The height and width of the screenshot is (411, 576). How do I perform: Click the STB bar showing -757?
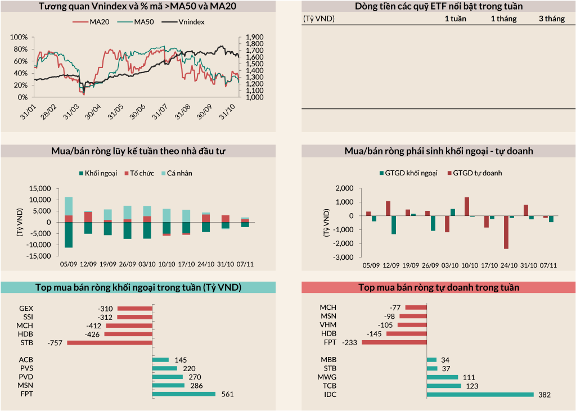(110, 342)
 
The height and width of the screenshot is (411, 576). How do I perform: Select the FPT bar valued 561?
(184, 394)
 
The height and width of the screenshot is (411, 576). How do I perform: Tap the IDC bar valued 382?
(480, 395)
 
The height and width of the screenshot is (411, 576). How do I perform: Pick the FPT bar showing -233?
(394, 342)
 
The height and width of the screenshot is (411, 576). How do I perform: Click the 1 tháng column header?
(503, 19)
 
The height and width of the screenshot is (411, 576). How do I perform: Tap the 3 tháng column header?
(551, 19)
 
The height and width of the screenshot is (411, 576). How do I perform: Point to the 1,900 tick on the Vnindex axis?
(254, 37)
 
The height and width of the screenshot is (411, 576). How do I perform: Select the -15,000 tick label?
(38, 256)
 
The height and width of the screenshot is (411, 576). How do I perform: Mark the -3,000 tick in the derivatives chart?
(344, 257)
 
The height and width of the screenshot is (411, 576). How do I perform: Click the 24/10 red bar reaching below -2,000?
(506, 232)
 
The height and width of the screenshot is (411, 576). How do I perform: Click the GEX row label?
(26, 309)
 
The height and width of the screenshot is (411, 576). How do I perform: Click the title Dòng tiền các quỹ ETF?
(439, 6)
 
